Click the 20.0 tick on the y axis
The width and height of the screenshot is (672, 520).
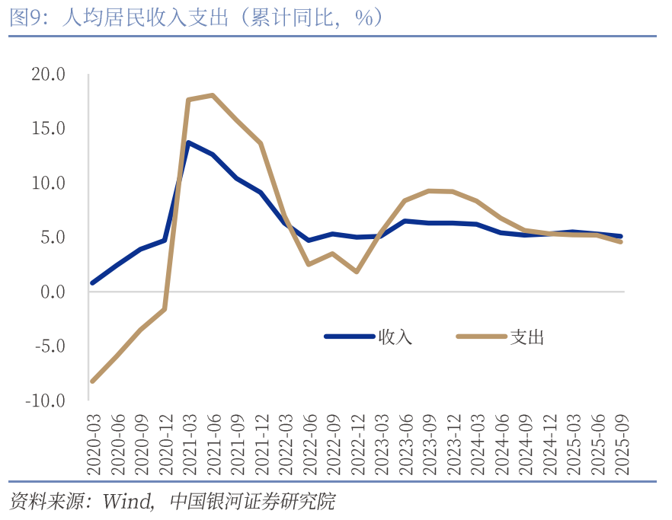pos(48,75)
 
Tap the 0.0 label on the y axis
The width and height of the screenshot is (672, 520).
pos(53,292)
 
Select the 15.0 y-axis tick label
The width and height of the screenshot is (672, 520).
pos(48,129)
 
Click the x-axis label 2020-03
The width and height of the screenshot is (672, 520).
pos(93,446)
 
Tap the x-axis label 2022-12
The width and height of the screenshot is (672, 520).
pos(357,446)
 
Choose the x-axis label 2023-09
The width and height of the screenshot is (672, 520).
pos(429,446)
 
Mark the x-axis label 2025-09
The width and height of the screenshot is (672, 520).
pos(622,446)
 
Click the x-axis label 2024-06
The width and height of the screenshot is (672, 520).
pos(501,446)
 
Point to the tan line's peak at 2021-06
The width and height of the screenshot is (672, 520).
pos(213,95)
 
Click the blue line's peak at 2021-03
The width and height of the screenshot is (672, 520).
pos(188,142)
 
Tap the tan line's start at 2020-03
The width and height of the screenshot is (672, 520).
pos(92,381)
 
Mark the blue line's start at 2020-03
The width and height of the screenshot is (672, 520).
pos(92,282)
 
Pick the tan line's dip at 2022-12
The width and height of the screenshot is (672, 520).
pos(357,271)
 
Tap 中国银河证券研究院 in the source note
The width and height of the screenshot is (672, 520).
pos(252,501)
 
